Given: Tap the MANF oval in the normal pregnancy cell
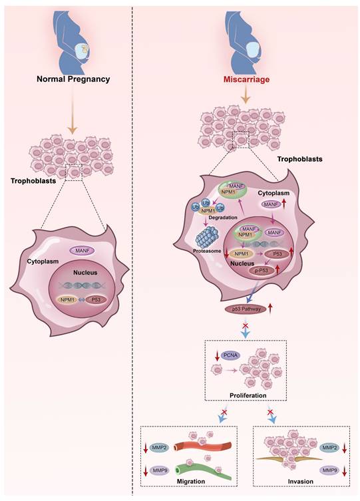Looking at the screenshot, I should click(x=83, y=250).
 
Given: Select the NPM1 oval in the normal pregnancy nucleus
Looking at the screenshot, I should click(x=65, y=301).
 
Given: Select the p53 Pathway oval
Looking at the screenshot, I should click(x=243, y=309).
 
